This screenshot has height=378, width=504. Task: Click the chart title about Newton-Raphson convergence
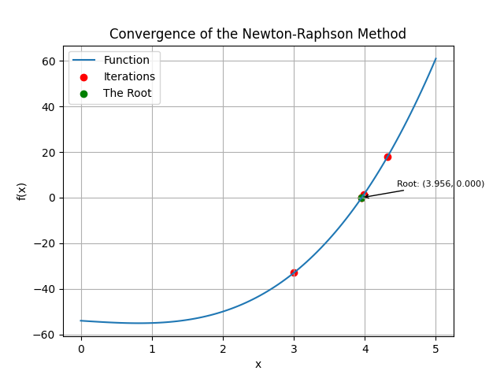click(x=258, y=34)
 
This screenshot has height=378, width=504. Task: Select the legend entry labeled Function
click(x=126, y=61)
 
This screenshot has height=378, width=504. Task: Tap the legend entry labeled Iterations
click(x=129, y=77)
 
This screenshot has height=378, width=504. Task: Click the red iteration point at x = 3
click(x=294, y=272)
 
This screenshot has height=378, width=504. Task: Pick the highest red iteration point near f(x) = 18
click(x=387, y=157)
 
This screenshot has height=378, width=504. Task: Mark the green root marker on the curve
click(x=361, y=198)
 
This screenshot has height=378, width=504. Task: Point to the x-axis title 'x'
click(x=258, y=364)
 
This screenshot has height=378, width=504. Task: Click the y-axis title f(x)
click(x=22, y=191)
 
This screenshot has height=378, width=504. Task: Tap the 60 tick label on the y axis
click(x=48, y=61)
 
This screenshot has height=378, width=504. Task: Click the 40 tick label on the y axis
click(x=48, y=107)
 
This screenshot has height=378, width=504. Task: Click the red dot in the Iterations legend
click(x=84, y=77)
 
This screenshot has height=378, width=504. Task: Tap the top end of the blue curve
click(x=435, y=58)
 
